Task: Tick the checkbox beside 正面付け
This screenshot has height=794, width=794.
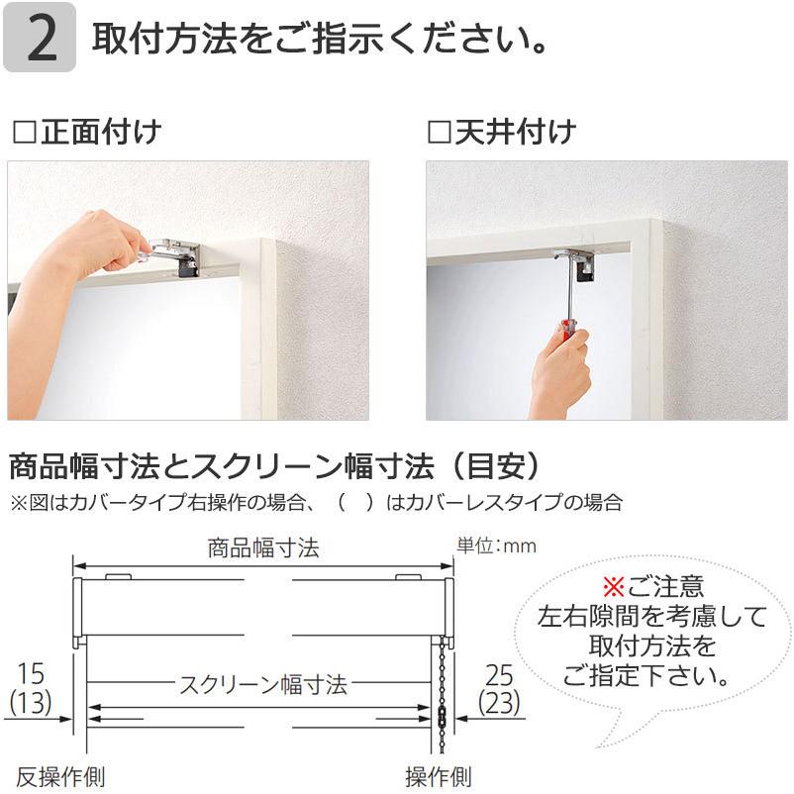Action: point(23,133)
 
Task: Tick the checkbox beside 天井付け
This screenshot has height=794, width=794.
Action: point(439,133)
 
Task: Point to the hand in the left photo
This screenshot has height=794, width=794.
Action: point(94,248)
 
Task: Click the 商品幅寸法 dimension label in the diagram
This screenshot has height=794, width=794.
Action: point(263,548)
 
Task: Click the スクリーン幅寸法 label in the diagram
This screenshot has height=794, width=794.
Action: point(262,684)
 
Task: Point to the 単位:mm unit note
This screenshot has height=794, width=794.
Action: point(496,546)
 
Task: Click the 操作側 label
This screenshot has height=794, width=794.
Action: point(438,775)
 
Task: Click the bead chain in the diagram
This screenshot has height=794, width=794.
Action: point(441,693)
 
